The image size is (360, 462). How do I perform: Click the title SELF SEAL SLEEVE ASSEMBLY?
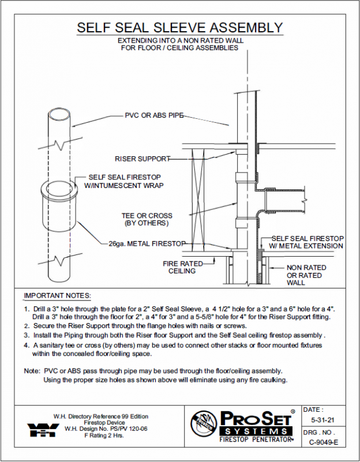click(180, 28)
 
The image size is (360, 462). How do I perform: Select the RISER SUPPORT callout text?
click(142, 158)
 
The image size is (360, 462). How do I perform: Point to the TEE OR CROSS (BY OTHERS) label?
click(147, 219)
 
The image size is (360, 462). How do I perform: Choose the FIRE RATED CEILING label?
click(182, 267)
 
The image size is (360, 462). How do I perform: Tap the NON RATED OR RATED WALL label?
click(306, 275)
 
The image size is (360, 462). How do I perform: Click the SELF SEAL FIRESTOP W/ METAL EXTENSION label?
click(307, 242)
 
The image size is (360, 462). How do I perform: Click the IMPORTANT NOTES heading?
click(57, 295)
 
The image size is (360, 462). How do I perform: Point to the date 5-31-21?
click(321, 420)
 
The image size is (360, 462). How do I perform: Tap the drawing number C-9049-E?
click(323, 442)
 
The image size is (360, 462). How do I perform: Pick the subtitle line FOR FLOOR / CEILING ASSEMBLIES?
click(179, 48)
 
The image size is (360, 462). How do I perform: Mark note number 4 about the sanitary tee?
click(173, 348)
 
